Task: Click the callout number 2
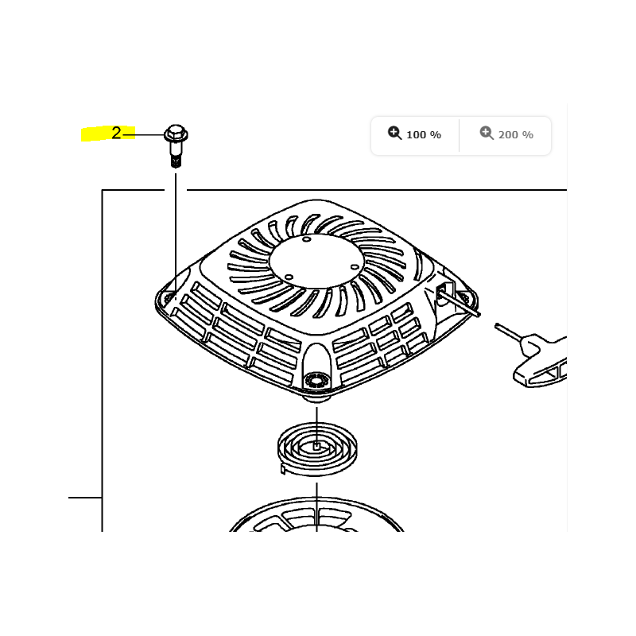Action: coord(116,133)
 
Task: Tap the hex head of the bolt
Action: coord(176,133)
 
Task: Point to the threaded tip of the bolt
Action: coord(176,162)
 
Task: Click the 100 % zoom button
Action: coord(414,134)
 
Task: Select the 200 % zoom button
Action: coord(506,134)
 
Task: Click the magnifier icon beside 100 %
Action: coord(394,133)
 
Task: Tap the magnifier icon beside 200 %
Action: coord(487,133)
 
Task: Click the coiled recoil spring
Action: coord(317,449)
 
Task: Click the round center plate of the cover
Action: coord(316,261)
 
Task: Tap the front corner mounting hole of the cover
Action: coord(317,381)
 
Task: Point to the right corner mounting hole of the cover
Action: coord(464,298)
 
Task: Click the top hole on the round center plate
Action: coord(307,239)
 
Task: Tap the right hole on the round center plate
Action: coord(355,266)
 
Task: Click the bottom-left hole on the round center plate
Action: coord(289,277)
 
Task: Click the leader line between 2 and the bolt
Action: coord(143,134)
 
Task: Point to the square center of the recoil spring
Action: coord(316,446)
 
